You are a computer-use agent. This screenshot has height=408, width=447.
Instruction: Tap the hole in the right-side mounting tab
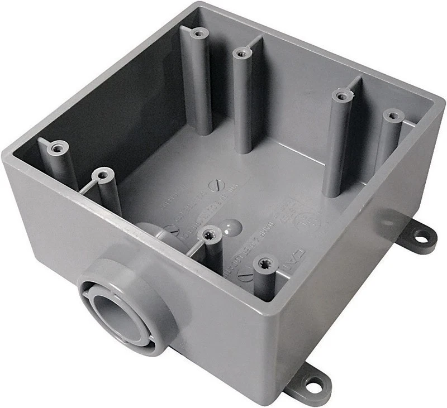pos(427,237)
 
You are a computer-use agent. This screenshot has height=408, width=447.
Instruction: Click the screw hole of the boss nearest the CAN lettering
pos(263,262)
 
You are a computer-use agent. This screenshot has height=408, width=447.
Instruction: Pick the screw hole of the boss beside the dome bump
pos(210,233)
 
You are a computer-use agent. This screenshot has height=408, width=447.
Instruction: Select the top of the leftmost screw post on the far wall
pos(196,33)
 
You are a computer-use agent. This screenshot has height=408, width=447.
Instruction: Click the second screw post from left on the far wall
pos(241,53)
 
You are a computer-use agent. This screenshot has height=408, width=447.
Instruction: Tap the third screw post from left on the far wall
pos(341,95)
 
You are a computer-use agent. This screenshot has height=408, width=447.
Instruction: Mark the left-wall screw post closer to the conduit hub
pos(102,175)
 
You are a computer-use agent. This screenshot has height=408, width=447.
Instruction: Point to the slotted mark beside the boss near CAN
pos(244,274)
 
